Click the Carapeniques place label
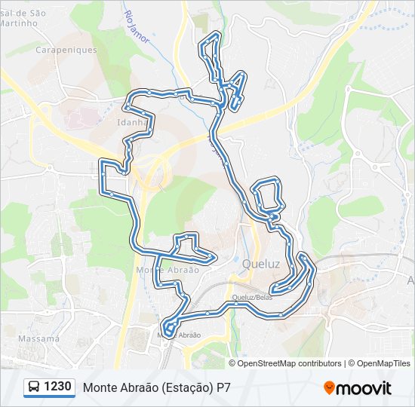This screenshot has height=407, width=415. (67, 50)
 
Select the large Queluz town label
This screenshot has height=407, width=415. (261, 265)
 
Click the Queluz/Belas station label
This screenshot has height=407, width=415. (252, 298)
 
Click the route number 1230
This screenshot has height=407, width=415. (58, 387)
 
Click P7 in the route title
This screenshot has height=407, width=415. (223, 387)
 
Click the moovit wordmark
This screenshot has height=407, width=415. (364, 388)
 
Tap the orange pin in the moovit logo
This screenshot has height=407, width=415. (329, 388)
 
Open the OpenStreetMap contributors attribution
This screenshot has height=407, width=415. (279, 363)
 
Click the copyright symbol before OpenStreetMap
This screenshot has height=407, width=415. (232, 363)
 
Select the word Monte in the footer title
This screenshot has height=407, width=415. (99, 387)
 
